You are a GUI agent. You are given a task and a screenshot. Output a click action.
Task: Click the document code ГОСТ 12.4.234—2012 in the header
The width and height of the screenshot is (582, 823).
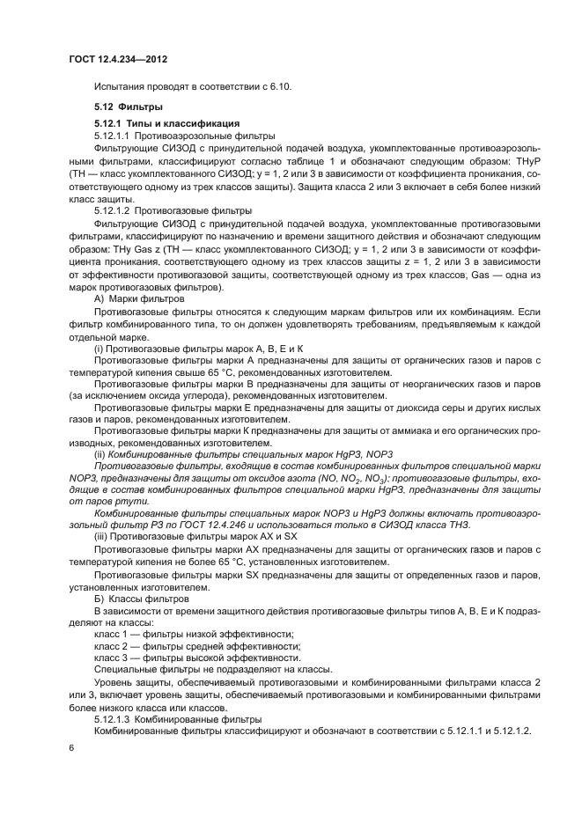click(118, 59)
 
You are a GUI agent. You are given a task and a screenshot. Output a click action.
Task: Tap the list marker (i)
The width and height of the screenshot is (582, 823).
click(99, 349)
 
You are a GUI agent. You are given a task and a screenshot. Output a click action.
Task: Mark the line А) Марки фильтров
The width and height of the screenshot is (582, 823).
click(139, 299)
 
